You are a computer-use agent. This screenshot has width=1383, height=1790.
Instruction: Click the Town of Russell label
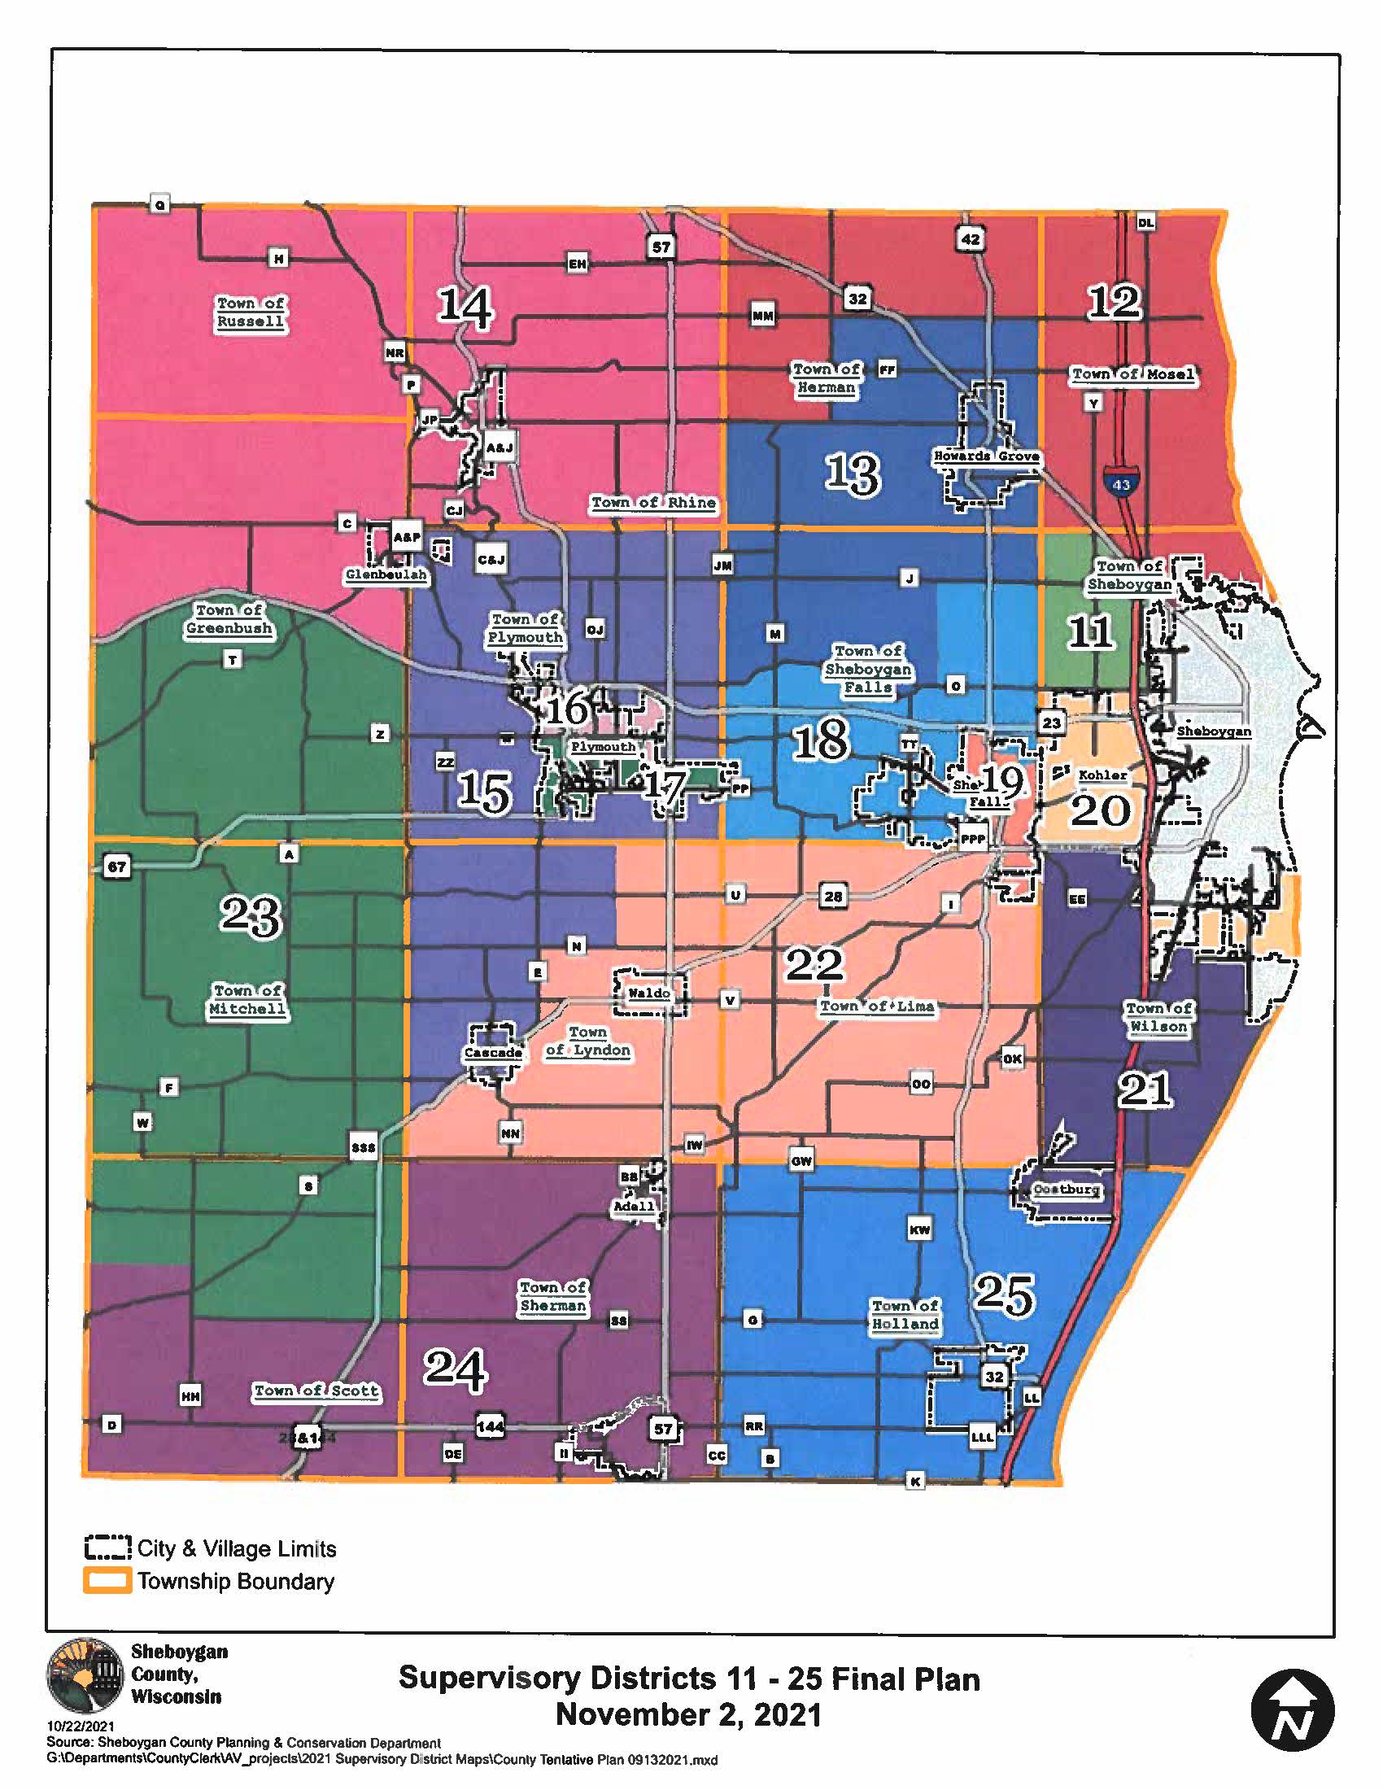[x=251, y=312]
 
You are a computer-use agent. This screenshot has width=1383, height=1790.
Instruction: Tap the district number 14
[x=465, y=308]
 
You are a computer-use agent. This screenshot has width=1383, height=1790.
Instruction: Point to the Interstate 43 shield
[x=1120, y=482]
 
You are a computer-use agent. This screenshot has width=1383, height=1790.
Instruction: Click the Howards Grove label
[x=987, y=456]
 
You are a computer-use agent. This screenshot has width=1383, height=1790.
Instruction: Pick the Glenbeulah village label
[x=386, y=574]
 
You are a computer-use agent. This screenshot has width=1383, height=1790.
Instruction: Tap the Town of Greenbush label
[x=229, y=619]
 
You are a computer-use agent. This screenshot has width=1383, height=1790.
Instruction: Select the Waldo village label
[x=649, y=993]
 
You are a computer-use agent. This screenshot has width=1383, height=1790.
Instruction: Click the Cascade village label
[x=493, y=1052]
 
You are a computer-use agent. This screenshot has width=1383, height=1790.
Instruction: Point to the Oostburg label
[x=1066, y=1189]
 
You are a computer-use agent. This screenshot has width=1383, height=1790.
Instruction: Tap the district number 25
[x=1005, y=1295]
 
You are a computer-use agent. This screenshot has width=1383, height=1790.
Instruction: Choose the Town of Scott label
[x=316, y=1390]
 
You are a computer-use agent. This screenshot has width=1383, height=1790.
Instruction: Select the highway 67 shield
[x=117, y=867]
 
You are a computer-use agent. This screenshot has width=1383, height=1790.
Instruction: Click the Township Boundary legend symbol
[x=107, y=1580]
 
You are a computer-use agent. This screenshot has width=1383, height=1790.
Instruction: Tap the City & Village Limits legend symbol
[x=107, y=1548]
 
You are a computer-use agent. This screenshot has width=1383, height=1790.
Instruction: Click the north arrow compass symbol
[x=1292, y=1711]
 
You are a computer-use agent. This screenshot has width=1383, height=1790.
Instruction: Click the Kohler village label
[x=1102, y=775]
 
